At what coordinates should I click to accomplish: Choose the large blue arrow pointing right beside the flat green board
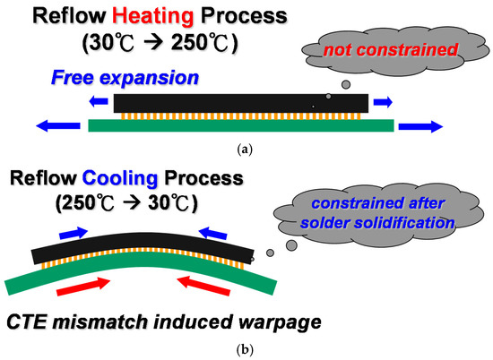(x=420, y=126)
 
